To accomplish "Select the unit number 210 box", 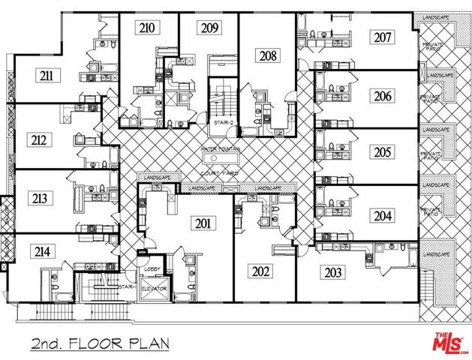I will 147,28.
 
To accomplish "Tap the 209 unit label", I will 209,28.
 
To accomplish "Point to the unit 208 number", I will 268,55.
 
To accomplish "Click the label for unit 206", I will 383,95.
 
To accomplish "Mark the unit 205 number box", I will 383,152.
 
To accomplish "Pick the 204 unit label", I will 383,214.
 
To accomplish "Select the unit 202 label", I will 261,271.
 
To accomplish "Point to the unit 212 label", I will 40,139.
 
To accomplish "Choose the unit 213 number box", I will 40,199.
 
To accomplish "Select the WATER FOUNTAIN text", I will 219,150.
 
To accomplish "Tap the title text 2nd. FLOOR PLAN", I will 100,343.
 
